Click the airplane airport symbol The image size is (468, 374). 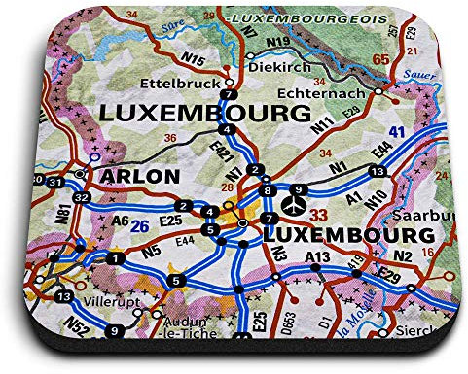[x=320, y=206]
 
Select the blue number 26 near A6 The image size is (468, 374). [x=139, y=225]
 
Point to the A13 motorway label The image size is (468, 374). [x=316, y=256]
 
